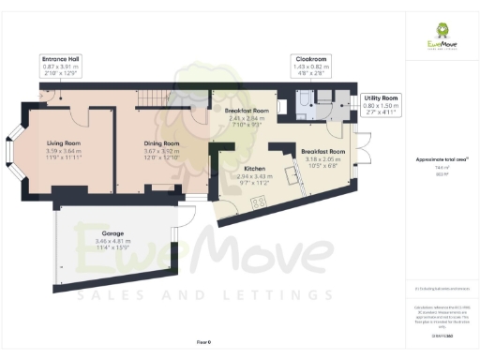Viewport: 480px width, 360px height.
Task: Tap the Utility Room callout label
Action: coord(380,97)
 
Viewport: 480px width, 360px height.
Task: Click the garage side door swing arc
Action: coord(187,217)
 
